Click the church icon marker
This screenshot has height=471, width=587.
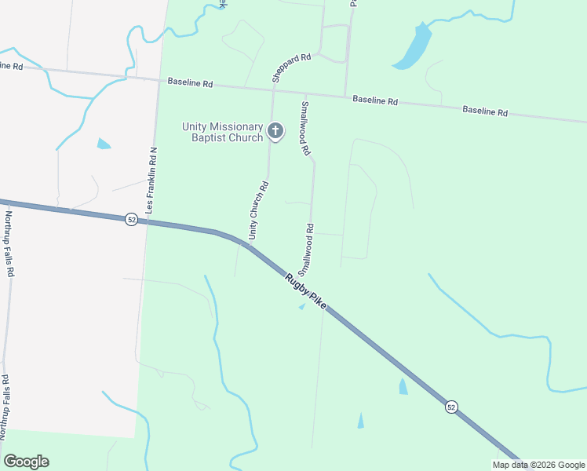[275, 131]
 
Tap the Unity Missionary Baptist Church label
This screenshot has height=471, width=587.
[222, 132]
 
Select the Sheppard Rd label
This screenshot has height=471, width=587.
[292, 68]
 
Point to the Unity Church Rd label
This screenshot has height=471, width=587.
[258, 210]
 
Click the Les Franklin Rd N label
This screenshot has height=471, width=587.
[153, 181]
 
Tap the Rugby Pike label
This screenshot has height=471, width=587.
[305, 290]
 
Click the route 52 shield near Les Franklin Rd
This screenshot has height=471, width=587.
[131, 221]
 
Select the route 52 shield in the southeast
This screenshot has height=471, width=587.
[450, 407]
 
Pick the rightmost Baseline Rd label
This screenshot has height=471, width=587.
[484, 111]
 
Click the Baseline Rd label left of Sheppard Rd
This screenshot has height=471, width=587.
[191, 82]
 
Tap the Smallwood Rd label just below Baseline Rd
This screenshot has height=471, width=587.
[304, 127]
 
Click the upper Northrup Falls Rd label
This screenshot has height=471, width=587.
[10, 243]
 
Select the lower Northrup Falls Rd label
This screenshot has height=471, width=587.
[5, 407]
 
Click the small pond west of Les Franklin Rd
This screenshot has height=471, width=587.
[104, 144]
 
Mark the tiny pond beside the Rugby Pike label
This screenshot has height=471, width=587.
[302, 306]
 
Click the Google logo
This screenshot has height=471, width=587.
[26, 462]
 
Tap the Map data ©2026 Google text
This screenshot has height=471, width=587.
[538, 465]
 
